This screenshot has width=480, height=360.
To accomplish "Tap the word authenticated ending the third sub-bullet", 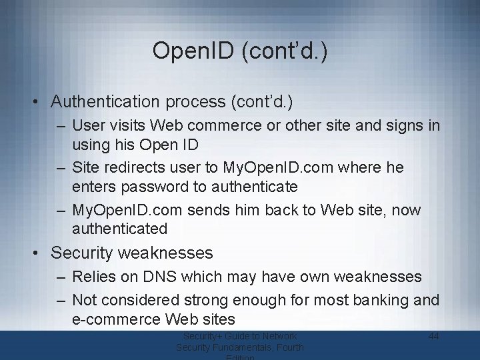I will pyautogui.click(x=120, y=229).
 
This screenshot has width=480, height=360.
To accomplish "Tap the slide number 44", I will pyautogui.click(x=433, y=336).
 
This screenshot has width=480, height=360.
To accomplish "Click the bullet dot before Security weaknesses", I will pyautogui.click(x=39, y=253).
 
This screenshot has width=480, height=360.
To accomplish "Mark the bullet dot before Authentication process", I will pyautogui.click(x=39, y=102).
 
